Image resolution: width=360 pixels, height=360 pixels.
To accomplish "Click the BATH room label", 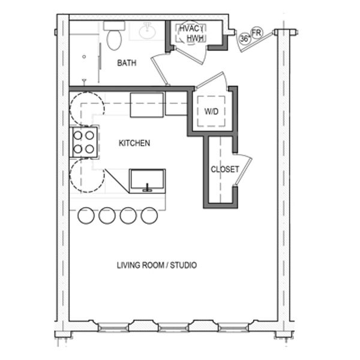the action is point(127,63).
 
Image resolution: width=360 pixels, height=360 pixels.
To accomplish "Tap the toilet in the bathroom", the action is point(114,35).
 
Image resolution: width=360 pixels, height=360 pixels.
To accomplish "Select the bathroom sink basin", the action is point(148,31).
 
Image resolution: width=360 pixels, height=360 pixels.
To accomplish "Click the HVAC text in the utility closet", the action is point(190,29).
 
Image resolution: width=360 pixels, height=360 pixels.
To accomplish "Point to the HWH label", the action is point(196,38).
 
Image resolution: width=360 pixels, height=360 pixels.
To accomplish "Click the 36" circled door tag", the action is point(245,38).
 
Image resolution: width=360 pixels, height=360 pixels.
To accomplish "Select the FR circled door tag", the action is point(257,33).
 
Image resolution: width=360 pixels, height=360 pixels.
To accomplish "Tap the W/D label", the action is point(211,112).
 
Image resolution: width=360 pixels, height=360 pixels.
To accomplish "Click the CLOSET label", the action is point(225,169).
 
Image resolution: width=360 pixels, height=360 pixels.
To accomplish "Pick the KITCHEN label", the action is point(134,143).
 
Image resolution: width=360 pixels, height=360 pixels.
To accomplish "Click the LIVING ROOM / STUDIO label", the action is point(157,265).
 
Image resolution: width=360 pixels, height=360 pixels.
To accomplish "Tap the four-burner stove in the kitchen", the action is point(83,142).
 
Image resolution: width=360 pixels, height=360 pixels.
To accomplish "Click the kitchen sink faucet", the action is point(147,188).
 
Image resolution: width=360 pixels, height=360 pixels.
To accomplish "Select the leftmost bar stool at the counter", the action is point(86,215).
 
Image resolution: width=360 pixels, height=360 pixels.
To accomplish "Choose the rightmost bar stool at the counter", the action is point(149,215).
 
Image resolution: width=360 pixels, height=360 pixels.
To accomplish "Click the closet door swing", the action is point(242,169).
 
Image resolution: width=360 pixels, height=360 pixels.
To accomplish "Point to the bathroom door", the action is point(159,70).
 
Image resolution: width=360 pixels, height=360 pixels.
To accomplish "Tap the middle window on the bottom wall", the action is point(173,327).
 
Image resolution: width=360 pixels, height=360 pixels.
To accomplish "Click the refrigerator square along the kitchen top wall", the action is point(147,105).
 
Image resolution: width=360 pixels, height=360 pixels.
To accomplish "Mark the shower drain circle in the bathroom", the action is point(84,56).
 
